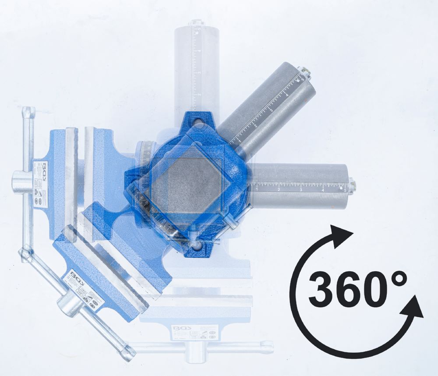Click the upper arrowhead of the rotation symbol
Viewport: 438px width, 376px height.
click(341, 237)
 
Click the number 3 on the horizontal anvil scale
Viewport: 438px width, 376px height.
click(301, 189)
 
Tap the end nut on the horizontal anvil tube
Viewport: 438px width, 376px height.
click(353, 186)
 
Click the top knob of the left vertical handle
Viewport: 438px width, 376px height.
click(28, 110)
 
